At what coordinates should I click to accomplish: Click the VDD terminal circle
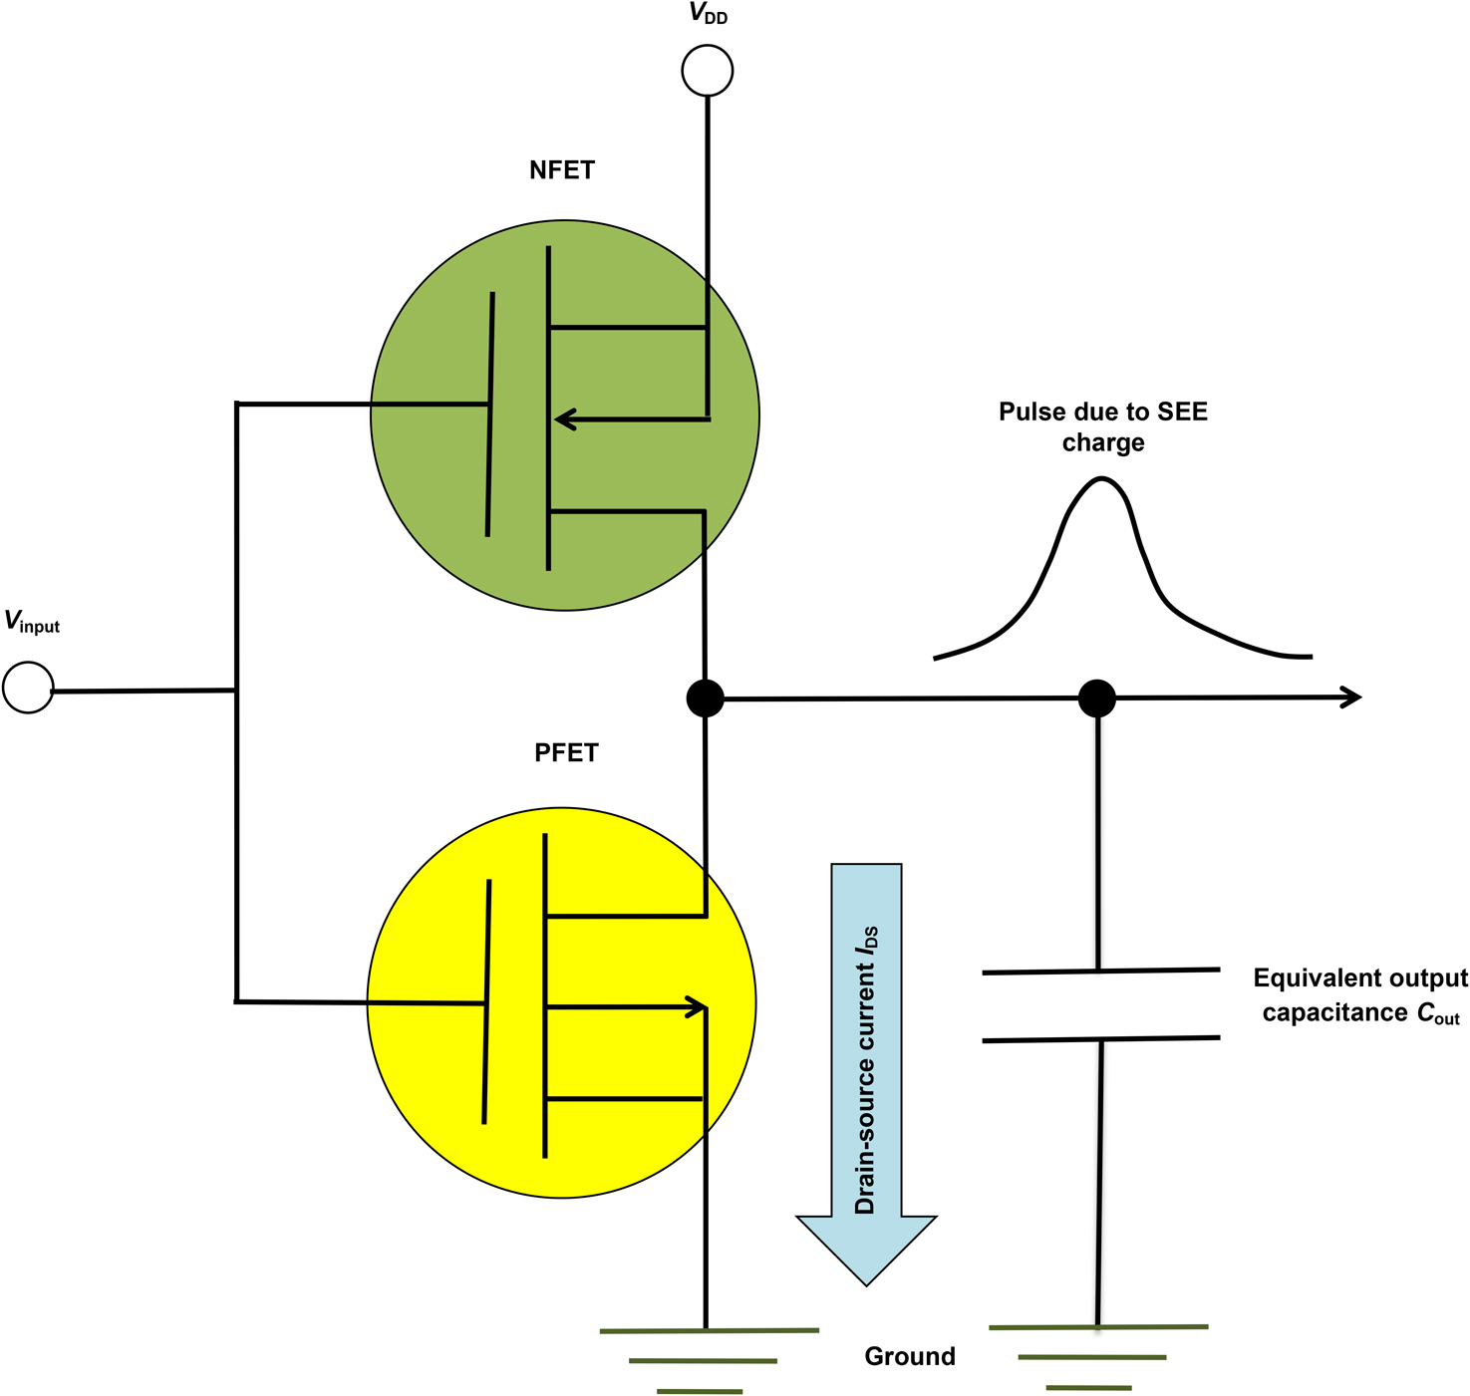click(x=708, y=71)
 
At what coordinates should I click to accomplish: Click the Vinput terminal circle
click(x=28, y=688)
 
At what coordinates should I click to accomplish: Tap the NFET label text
click(x=562, y=170)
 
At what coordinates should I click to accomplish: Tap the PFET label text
click(x=566, y=752)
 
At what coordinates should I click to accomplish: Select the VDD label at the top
click(x=709, y=14)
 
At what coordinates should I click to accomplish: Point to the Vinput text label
click(x=32, y=622)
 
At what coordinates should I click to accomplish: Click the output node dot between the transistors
click(x=705, y=698)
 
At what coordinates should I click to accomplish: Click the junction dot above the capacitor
click(x=1097, y=698)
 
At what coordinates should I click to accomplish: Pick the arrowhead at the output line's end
click(x=1351, y=698)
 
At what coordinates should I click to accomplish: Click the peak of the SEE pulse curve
click(x=1101, y=479)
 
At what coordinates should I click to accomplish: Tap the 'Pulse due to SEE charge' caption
click(x=1103, y=426)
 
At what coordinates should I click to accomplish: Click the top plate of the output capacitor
click(x=1101, y=971)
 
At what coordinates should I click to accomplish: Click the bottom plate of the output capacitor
click(x=1101, y=1039)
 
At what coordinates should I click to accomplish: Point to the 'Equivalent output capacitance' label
click(x=1360, y=994)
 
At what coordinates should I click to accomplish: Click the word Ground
click(x=910, y=1356)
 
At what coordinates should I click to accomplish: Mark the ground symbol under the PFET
click(x=706, y=1360)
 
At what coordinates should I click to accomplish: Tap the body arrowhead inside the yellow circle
click(x=695, y=1007)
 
